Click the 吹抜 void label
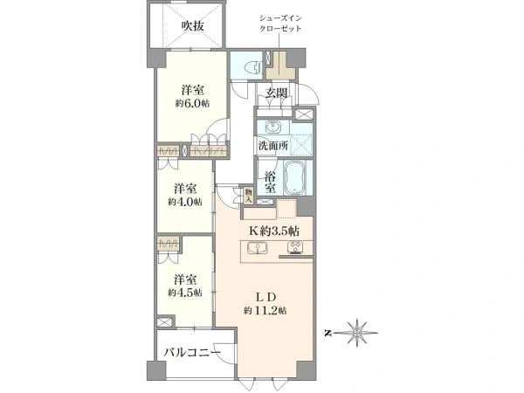(193, 25)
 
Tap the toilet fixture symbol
(253, 67)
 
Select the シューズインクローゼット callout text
(280, 24)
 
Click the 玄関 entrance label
(277, 93)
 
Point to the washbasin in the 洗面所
(274, 127)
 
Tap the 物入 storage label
(248, 196)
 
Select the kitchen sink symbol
(258, 248)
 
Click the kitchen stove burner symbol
(295, 247)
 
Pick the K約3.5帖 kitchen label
(274, 231)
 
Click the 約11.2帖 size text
(265, 311)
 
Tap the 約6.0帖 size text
(193, 104)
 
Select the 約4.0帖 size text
(185, 202)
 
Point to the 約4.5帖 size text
(185, 293)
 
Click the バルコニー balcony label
(192, 352)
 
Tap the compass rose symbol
(357, 333)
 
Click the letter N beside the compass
(328, 334)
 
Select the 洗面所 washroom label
(273, 145)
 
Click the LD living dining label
(265, 297)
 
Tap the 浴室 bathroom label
(270, 183)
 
